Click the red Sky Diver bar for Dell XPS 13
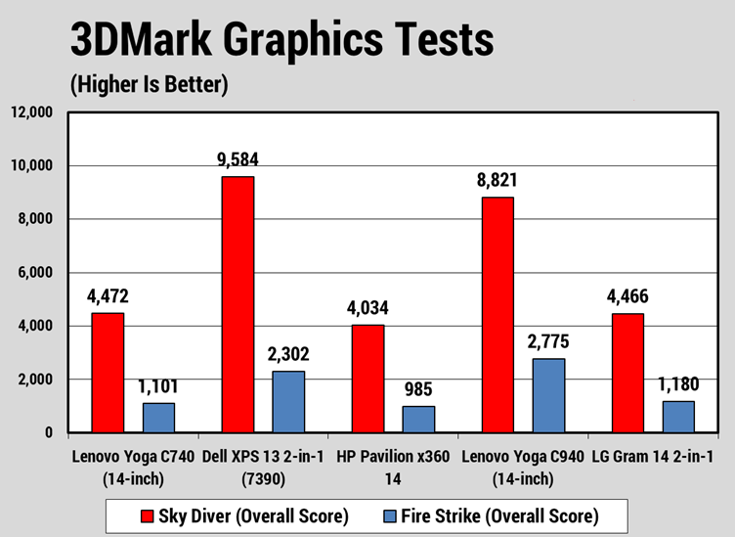pos(238,304)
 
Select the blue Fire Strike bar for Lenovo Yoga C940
pos(549,395)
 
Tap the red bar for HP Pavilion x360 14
pos(367,379)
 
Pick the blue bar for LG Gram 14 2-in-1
pos(679,417)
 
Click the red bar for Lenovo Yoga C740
pos(108,373)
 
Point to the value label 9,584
pos(238,159)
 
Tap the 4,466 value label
pos(627,296)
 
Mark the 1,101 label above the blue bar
pos(159,386)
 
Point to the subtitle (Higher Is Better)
pos(149,85)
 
